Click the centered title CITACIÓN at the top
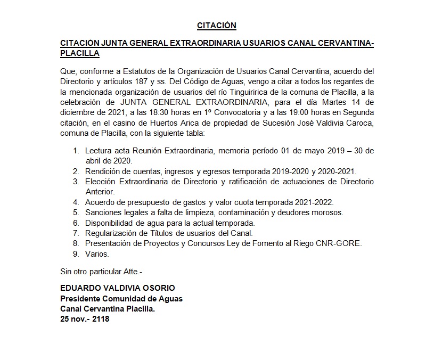tap(217, 25)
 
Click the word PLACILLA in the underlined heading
tap(79, 53)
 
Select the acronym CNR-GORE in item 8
tap(344, 243)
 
